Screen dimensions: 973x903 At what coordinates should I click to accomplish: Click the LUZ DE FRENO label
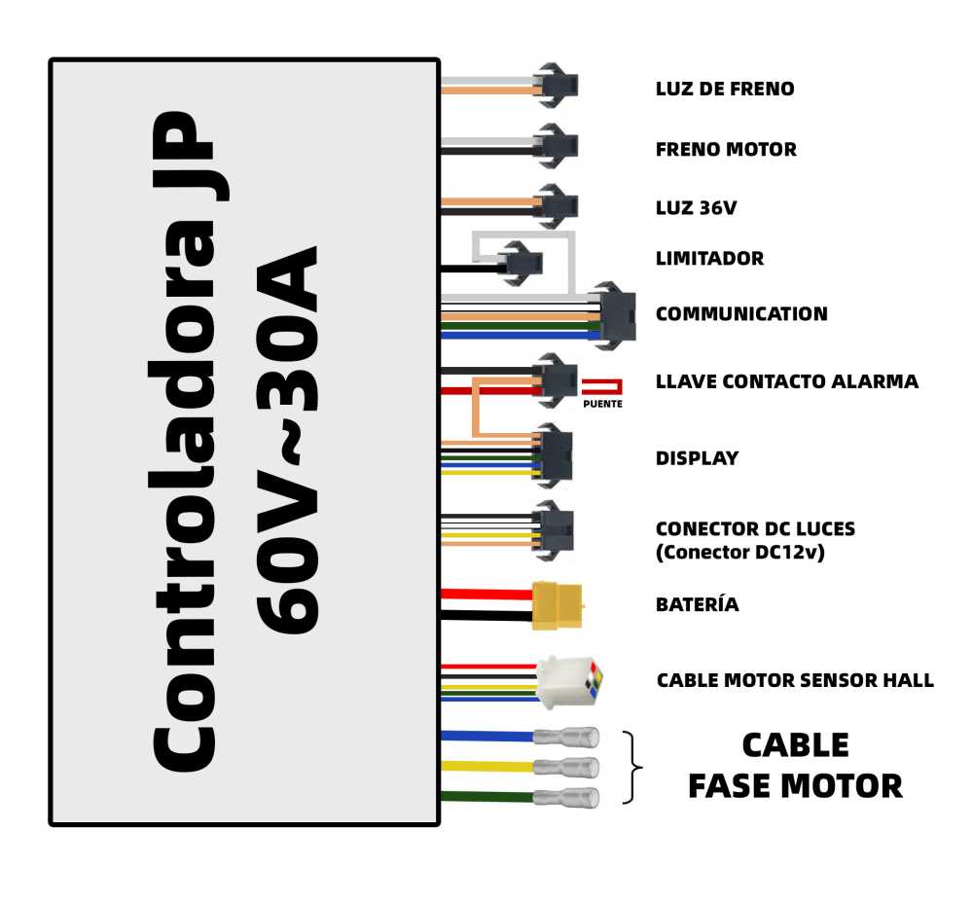coord(725,89)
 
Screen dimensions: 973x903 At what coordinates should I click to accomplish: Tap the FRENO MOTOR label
coord(726,150)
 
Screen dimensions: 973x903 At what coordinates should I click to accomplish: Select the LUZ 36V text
coord(697,208)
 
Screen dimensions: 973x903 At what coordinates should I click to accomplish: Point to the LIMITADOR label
coord(710,258)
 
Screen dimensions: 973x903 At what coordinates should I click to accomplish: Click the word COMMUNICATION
coord(741,314)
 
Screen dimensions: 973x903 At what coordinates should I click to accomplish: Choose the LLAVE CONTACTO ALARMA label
coord(787,381)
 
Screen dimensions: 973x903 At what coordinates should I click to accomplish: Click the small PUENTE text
coord(602,404)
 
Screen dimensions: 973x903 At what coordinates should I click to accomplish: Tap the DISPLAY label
coord(698,458)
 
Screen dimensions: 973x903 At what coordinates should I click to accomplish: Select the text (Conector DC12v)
coord(740,553)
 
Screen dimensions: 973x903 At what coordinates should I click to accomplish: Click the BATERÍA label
coord(698,604)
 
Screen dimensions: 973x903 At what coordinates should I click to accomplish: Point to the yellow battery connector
coord(558,605)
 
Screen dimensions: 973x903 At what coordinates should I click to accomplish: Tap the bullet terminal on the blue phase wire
coord(566,738)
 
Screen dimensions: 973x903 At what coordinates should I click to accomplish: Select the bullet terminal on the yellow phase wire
coord(566,767)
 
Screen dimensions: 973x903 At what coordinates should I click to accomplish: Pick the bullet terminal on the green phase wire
coord(566,797)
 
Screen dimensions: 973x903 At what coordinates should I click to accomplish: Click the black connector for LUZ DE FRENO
coord(557,85)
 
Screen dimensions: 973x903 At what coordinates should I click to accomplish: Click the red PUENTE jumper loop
coord(601,387)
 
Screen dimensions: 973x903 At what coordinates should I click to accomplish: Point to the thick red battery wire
coord(486,594)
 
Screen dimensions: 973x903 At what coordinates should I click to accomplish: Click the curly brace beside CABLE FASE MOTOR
coord(632,768)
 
